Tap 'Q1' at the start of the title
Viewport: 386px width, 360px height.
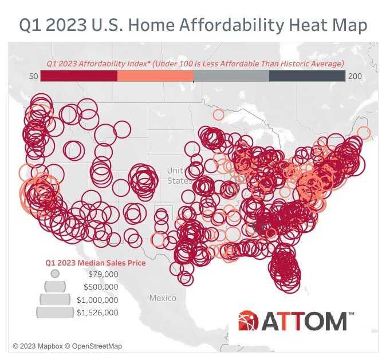33,25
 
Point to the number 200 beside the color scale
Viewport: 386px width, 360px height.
355,76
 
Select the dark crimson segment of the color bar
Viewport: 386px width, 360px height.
79,76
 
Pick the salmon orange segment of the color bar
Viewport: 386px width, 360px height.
155,76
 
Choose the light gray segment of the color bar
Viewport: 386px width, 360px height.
231,76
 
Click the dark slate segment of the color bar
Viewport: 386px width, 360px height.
307,76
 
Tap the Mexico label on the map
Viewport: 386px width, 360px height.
163,298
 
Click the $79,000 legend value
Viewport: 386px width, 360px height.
103,274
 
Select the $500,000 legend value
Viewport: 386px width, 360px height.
101,287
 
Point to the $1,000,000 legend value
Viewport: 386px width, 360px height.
97,300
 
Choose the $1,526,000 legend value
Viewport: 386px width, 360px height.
97,312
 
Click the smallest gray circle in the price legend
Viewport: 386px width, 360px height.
55,274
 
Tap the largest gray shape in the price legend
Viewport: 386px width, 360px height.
55,312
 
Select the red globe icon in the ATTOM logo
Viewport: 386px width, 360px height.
249,322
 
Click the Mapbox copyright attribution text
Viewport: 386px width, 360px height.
68,346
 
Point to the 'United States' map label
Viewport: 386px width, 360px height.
179,176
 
